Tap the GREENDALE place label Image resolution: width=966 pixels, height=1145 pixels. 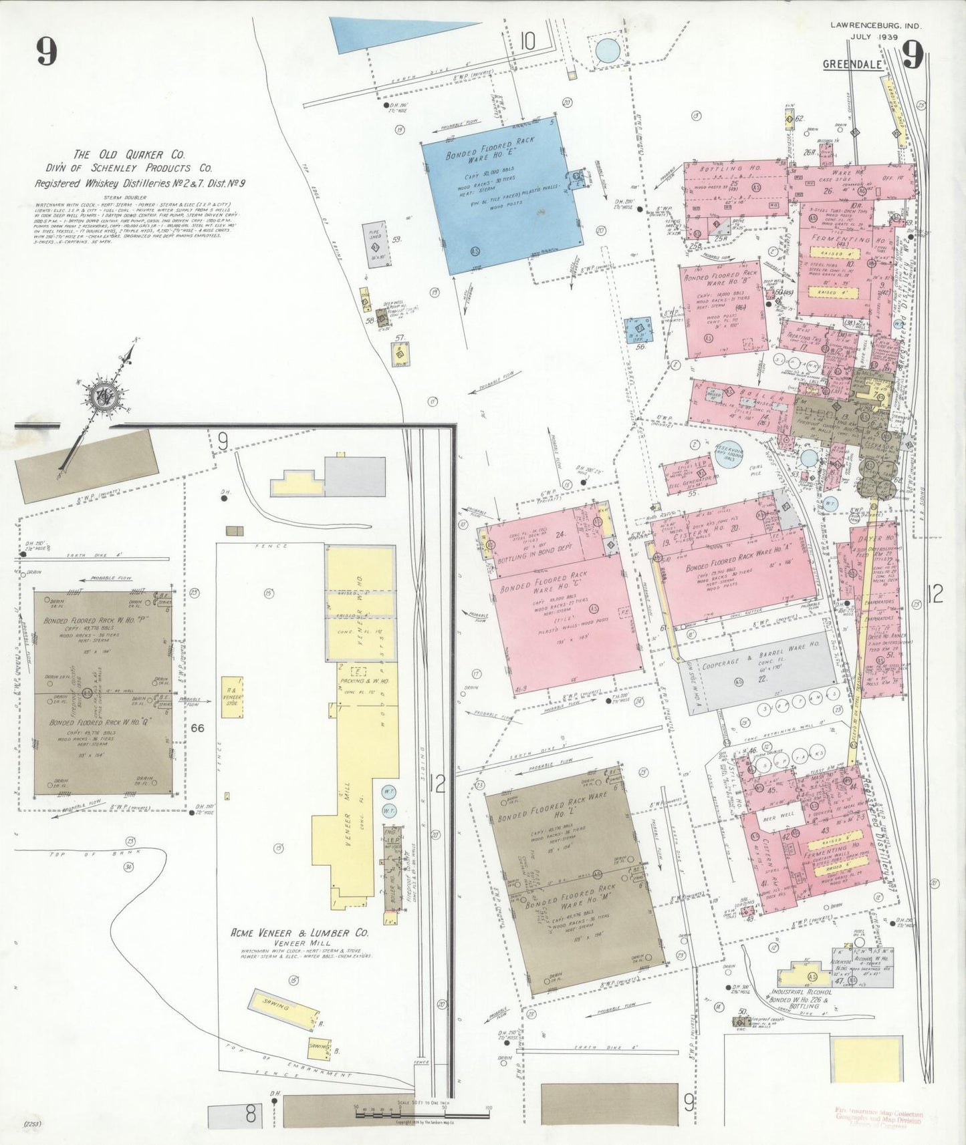click(x=852, y=65)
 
